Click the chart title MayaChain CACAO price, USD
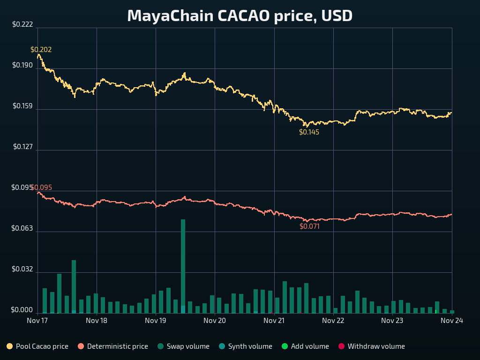(x=240, y=16)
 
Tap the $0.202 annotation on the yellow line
(x=41, y=50)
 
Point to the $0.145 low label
(x=309, y=132)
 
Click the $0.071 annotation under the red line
(x=309, y=226)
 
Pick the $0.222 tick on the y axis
(x=22, y=24)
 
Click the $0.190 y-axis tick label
(x=22, y=65)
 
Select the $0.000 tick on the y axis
(x=22, y=310)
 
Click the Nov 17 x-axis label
(x=37, y=321)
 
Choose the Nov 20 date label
(x=215, y=321)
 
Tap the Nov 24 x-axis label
(x=452, y=321)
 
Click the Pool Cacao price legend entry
(x=37, y=346)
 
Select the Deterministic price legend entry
(x=113, y=346)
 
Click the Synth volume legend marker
(x=222, y=346)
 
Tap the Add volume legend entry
(x=305, y=346)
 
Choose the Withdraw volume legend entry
(x=372, y=346)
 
